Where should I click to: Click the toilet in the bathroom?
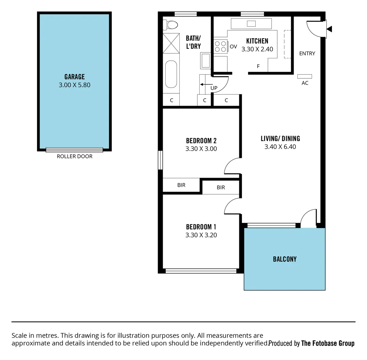tap(171, 25)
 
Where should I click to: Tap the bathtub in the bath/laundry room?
tap(171, 74)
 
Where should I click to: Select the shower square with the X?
tap(171, 43)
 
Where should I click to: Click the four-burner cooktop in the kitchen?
tap(220, 46)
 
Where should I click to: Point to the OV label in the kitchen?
tap(233, 47)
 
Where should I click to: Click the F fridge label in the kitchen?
tap(258, 66)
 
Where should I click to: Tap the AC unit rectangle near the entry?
tap(305, 76)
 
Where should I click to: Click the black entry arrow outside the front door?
tap(329, 29)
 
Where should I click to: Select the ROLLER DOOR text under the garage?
tap(75, 156)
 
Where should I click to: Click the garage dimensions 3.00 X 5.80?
tap(74, 85)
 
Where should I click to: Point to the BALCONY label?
tap(285, 259)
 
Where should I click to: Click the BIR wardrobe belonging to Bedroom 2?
tap(181, 185)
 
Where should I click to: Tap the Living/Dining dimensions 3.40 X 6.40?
tap(280, 147)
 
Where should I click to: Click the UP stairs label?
tap(214, 88)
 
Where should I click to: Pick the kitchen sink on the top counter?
tap(251, 24)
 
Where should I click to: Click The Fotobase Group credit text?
tap(328, 343)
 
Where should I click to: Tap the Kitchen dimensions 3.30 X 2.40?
tap(257, 49)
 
